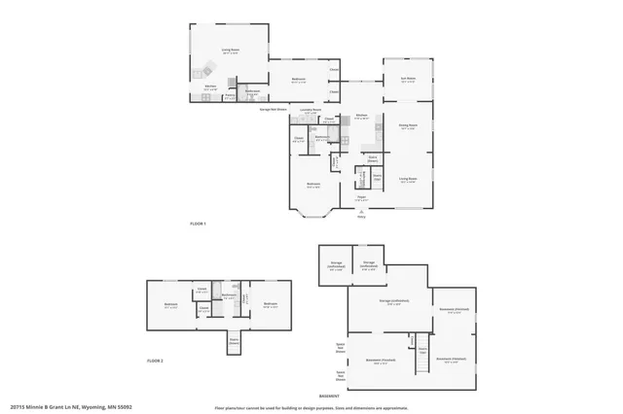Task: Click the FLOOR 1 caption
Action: tap(199, 224)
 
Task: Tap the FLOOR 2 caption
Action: tap(155, 360)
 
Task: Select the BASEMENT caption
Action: tap(329, 397)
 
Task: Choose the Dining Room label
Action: tap(408, 125)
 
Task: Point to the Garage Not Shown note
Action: tap(273, 110)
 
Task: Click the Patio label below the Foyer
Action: tap(361, 215)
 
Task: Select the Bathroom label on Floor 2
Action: tap(230, 295)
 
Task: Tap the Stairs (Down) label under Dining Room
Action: tap(373, 157)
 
